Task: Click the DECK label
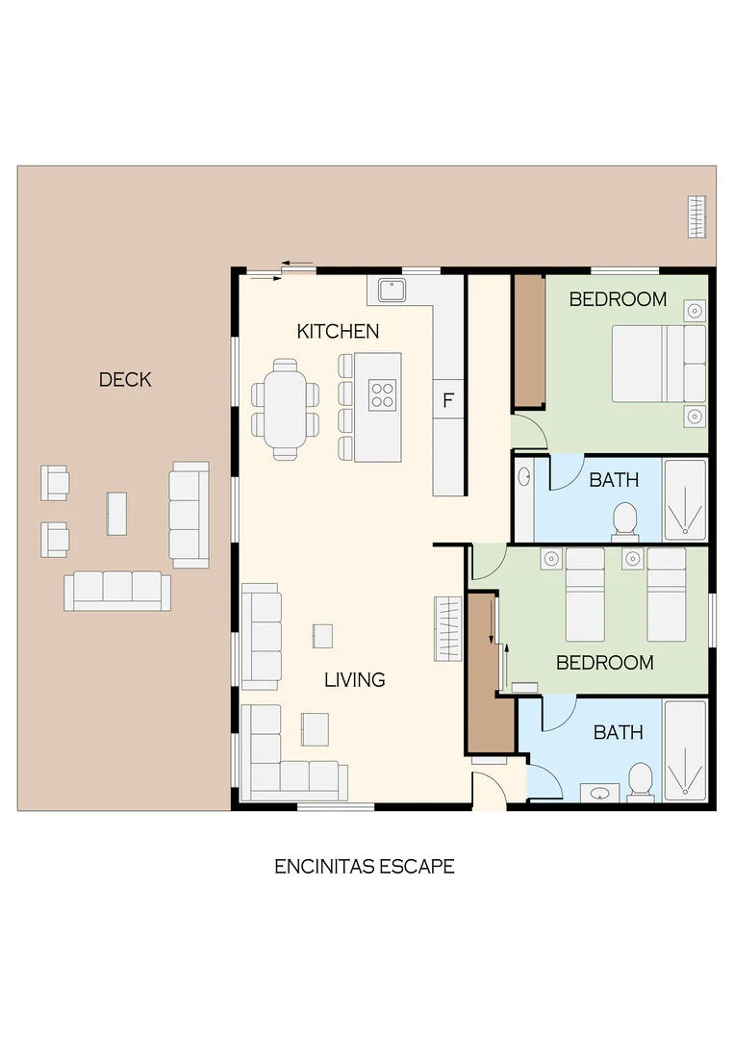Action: [x=125, y=380]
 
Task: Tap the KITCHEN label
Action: [x=338, y=331]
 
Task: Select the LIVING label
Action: [x=354, y=680]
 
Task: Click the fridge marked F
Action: [x=448, y=399]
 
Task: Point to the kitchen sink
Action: [x=392, y=291]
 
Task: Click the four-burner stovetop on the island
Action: [x=383, y=395]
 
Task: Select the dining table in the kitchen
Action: [x=285, y=409]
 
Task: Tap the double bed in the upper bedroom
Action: [x=658, y=364]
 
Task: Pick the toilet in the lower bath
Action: [x=641, y=781]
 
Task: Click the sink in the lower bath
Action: [x=599, y=793]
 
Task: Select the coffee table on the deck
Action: [x=116, y=514]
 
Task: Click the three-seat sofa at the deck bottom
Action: [x=117, y=591]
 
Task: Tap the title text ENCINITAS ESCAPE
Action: [x=365, y=867]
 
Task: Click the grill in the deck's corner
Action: [x=696, y=216]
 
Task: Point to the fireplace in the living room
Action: [x=448, y=629]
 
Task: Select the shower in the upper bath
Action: [x=686, y=500]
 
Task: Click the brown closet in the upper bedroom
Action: [x=529, y=342]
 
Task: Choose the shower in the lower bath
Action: [x=686, y=750]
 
